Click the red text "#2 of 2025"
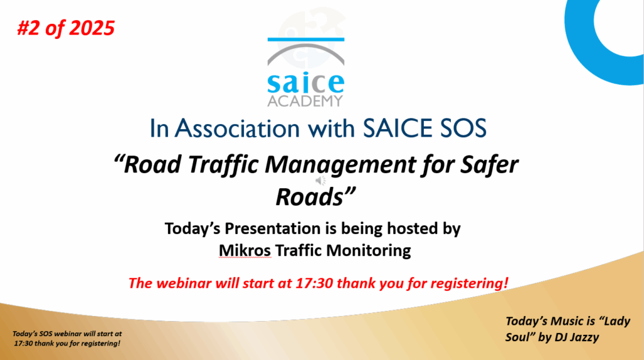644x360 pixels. coord(65,28)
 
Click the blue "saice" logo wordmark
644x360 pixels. coord(306,83)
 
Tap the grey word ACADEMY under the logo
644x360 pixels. coord(305,101)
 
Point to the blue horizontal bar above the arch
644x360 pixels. coord(306,40)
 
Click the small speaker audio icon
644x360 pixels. coord(320,181)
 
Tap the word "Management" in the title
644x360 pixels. coord(340,165)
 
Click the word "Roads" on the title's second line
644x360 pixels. coord(309,197)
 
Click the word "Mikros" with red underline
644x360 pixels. coord(245,250)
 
